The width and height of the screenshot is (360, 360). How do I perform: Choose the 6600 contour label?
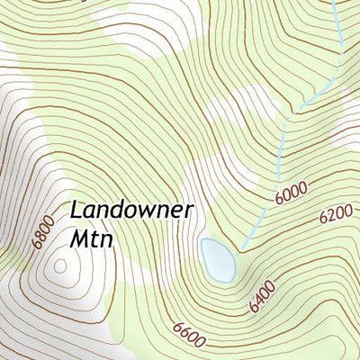pos(185,334)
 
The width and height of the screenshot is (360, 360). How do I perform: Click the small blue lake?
pos(219,259)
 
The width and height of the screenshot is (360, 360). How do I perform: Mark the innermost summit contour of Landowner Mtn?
pos(60,265)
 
